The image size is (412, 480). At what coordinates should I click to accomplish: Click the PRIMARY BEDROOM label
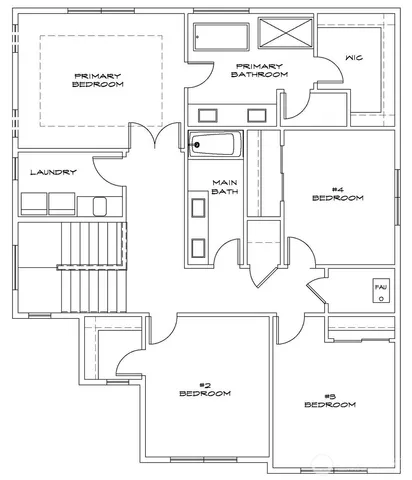tap(98, 80)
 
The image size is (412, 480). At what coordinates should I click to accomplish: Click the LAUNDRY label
tap(53, 172)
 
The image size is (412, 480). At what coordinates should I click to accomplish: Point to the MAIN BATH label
tap(223, 187)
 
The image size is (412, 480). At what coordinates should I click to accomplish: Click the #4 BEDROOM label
tap(337, 193)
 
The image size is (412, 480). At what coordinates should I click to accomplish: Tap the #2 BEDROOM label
tap(204, 389)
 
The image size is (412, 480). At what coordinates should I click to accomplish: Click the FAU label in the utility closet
tap(380, 287)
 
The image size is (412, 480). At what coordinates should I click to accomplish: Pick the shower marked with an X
tap(285, 33)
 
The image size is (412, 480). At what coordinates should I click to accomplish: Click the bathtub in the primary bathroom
tap(222, 37)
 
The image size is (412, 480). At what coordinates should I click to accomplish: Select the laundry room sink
tap(99, 206)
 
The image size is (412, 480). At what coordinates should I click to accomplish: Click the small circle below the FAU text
tap(380, 299)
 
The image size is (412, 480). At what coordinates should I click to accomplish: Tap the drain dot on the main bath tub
tap(197, 144)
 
